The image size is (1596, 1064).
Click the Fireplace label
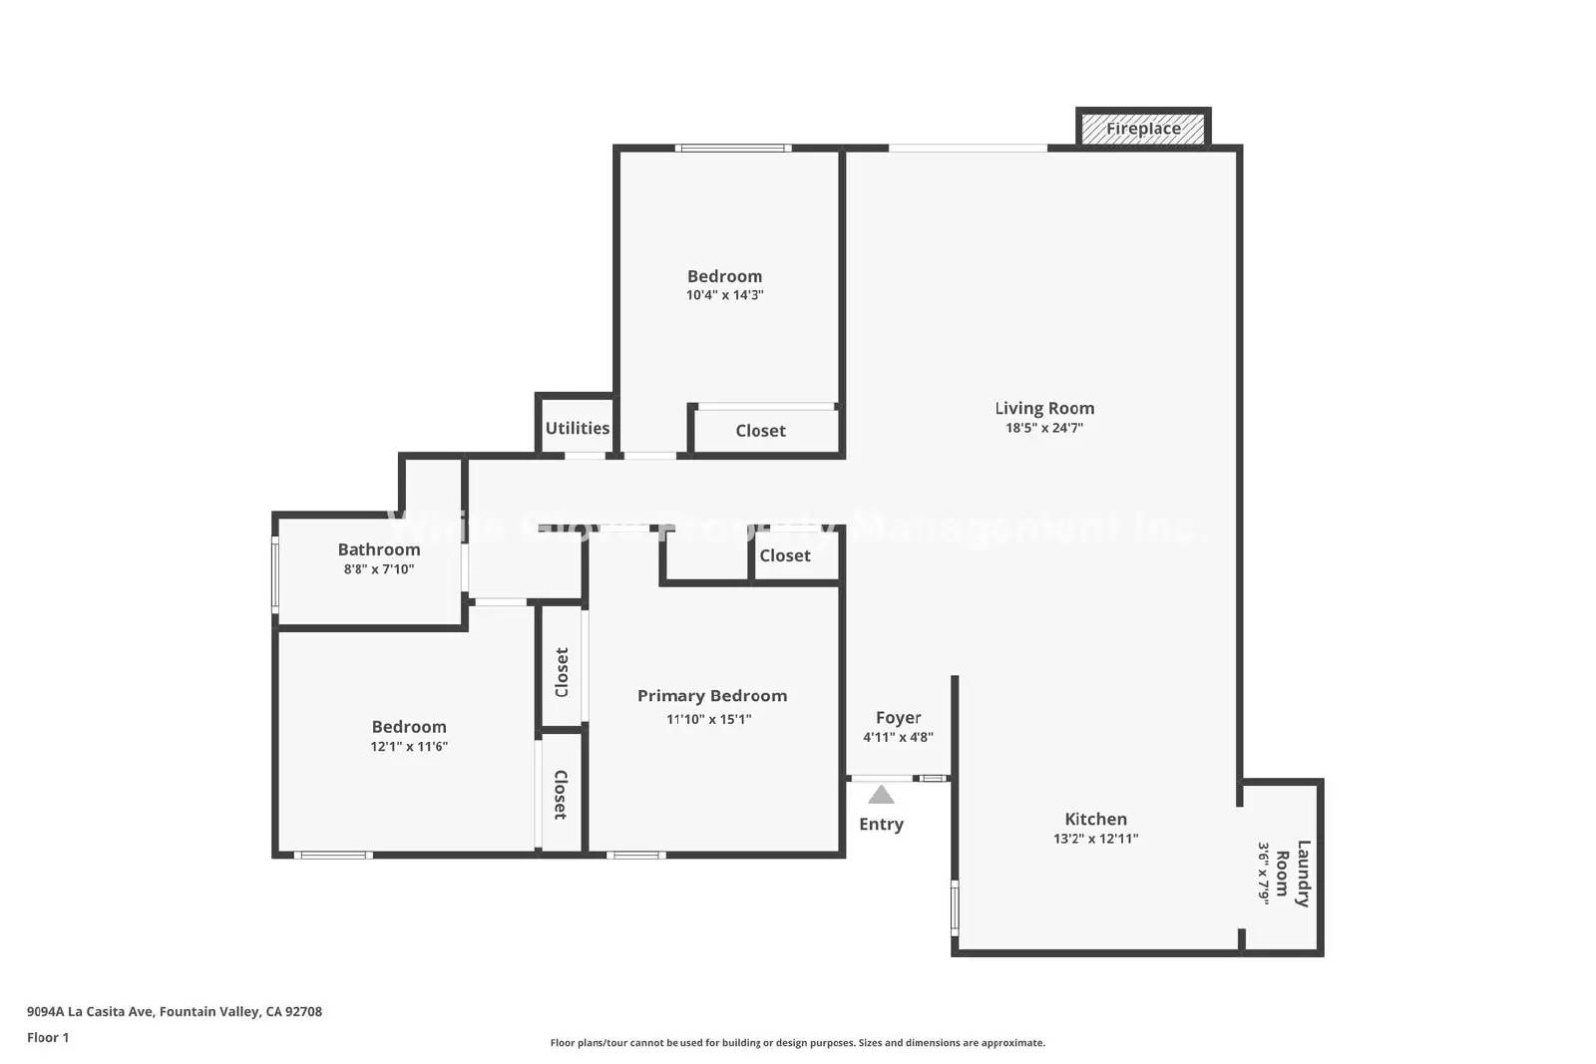click(1143, 129)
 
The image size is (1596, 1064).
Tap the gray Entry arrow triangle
click(881, 795)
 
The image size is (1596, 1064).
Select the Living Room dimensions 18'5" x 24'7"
click(1044, 428)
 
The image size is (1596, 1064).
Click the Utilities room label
click(577, 428)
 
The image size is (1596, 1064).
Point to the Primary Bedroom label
click(712, 696)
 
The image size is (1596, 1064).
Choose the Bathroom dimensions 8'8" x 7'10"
click(378, 569)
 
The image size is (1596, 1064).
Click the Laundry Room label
click(1293, 874)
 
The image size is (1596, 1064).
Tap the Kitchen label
click(1095, 819)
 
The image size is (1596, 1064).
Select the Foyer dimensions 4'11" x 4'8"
click(898, 738)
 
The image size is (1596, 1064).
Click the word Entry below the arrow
click(881, 824)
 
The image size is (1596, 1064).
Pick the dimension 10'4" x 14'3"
click(724, 295)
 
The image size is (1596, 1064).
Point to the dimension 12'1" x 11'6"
click(409, 746)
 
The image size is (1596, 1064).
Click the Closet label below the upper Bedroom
click(760, 431)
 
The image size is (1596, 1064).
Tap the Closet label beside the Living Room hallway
click(785, 555)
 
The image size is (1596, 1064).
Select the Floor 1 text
click(48, 1037)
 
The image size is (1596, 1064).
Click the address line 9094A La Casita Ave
click(175, 1011)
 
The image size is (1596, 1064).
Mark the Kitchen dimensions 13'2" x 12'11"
click(1095, 839)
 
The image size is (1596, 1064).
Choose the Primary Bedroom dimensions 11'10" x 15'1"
click(709, 719)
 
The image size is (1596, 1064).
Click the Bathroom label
click(379, 549)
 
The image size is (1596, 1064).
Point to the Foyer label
click(898, 718)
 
